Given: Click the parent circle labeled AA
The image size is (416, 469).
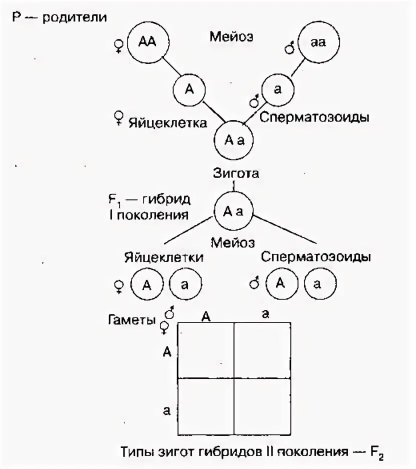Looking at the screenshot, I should [x=148, y=42].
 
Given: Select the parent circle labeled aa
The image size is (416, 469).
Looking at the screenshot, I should [x=318, y=42].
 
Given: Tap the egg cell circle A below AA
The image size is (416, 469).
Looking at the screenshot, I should [x=188, y=89].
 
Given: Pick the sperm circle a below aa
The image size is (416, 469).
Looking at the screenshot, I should [x=277, y=90].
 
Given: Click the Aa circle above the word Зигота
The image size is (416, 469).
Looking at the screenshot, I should [x=232, y=141].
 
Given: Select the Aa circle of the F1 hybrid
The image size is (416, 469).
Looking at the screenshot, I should [x=232, y=211].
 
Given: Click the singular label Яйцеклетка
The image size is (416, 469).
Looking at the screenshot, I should [x=167, y=122].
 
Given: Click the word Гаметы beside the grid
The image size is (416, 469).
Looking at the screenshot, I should [x=131, y=319].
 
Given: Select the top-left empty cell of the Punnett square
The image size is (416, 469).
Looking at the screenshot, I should [x=205, y=350].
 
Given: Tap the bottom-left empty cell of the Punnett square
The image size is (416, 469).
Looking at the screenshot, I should [x=205, y=406].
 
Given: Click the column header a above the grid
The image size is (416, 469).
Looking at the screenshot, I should [x=265, y=314].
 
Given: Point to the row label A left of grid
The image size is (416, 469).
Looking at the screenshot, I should [x=167, y=352].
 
